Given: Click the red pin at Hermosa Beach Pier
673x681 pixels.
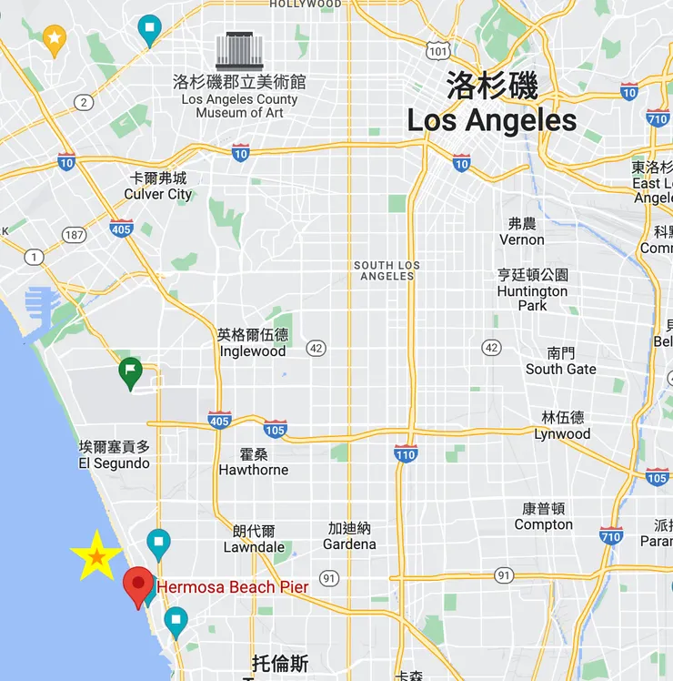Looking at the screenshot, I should (x=138, y=585).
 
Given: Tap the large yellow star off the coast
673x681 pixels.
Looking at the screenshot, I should (x=96, y=555).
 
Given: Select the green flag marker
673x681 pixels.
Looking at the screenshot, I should (x=131, y=372).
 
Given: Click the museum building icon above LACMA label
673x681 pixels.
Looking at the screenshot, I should (x=239, y=51).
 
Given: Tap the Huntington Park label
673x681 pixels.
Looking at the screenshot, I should (x=532, y=290).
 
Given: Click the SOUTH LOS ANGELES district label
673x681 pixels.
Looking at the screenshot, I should (x=387, y=270).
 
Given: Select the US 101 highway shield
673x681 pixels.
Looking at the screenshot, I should (x=438, y=52).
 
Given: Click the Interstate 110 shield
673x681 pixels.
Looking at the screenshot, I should (x=406, y=452).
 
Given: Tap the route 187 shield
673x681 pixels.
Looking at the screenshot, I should (x=74, y=235).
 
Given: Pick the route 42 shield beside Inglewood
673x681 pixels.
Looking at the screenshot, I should (x=316, y=347).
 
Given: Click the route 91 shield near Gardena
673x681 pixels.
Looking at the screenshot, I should (x=329, y=578).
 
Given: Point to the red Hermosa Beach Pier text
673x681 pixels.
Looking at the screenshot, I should (x=232, y=587).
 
